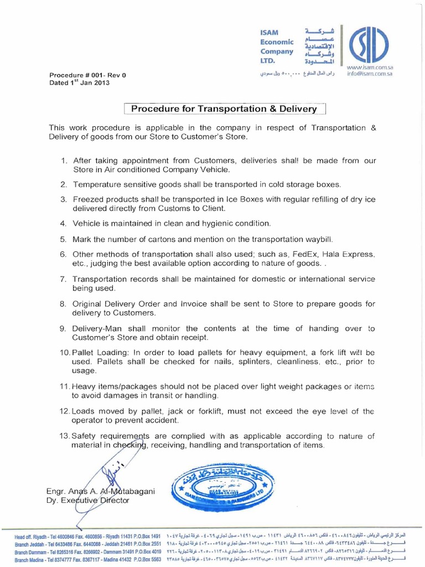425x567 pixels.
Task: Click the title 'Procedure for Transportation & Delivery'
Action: [x=224, y=109]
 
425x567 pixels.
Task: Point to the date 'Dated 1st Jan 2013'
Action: [x=80, y=83]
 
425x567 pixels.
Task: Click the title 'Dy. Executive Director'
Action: [x=88, y=501]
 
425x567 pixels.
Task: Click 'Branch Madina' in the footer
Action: [x=34, y=560]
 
